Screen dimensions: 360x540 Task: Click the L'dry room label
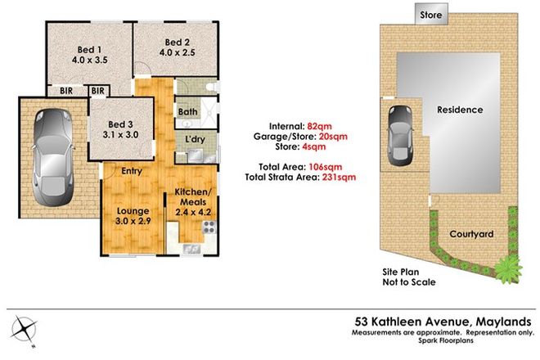point(196,140)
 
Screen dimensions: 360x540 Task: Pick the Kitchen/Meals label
point(192,201)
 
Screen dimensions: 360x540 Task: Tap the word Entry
point(133,171)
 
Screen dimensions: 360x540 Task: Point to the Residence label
point(459,110)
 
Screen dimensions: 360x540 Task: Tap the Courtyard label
point(472,234)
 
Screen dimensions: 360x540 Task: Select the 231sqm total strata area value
point(340,176)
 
